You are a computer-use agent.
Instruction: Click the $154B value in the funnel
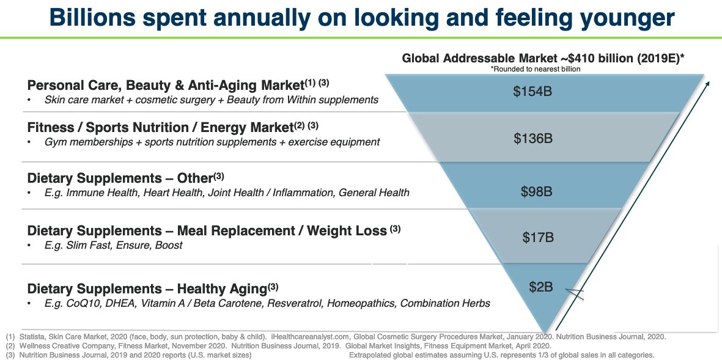tap(532, 92)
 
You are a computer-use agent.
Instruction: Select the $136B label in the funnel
tap(533, 139)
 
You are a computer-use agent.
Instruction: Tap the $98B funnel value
tap(536, 192)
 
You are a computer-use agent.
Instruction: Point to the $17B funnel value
tap(538, 237)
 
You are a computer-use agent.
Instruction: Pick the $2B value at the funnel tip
tap(541, 286)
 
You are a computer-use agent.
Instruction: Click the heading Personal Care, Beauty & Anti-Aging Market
tap(165, 85)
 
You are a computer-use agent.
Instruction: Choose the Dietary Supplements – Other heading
tap(119, 178)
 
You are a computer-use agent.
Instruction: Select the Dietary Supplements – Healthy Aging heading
tap(147, 288)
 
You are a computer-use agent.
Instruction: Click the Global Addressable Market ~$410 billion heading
tap(543, 59)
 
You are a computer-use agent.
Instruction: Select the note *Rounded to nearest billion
tap(535, 69)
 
